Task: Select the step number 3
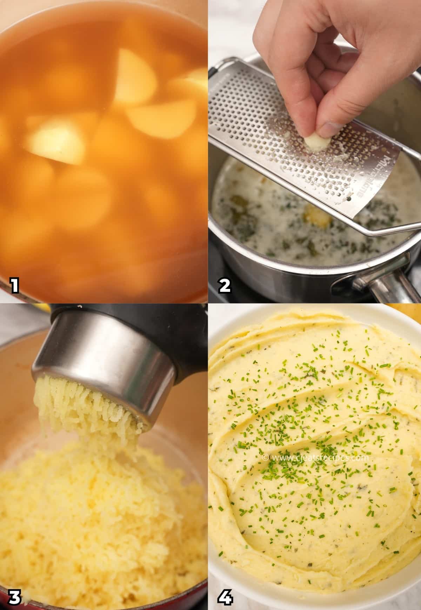(14, 596)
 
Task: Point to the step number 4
(225, 596)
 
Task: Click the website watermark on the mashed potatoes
(316, 458)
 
